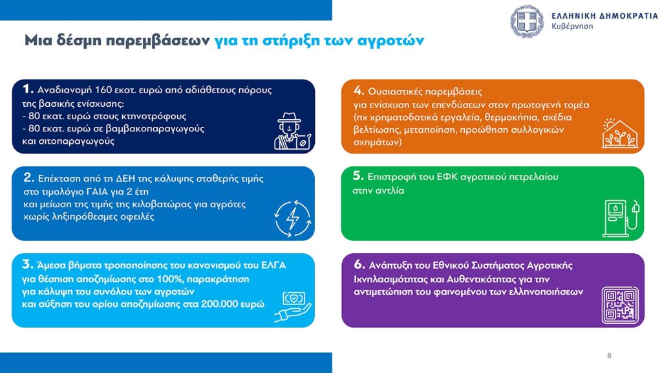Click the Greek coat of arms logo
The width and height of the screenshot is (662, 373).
(x=528, y=21)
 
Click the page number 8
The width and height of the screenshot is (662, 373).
(x=609, y=356)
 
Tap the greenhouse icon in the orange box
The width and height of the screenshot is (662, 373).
(x=618, y=132)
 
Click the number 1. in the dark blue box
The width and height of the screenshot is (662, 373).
(x=28, y=89)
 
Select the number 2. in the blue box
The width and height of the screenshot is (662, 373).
(x=28, y=177)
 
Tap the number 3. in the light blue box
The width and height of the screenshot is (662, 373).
(x=28, y=264)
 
